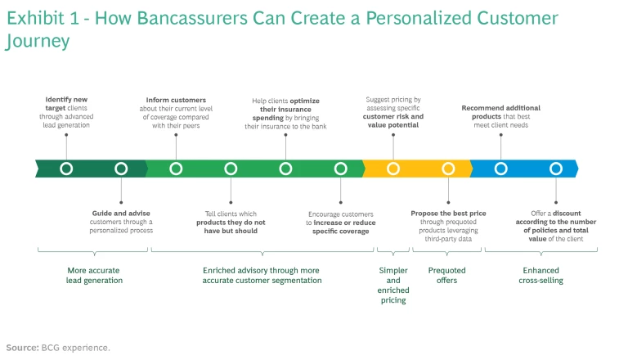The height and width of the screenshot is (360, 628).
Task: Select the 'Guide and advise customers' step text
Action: tap(121, 222)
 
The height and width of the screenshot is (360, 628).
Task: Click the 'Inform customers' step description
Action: tap(176, 112)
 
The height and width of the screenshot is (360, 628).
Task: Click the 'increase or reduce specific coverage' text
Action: tap(340, 227)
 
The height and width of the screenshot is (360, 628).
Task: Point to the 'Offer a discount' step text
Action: tap(556, 222)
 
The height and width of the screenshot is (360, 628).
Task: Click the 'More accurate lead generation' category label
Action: tap(94, 275)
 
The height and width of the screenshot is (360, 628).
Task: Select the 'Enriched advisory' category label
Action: tap(262, 275)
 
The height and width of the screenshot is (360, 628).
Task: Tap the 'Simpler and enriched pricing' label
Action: tap(393, 285)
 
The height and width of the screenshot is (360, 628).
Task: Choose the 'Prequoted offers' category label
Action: tap(446, 275)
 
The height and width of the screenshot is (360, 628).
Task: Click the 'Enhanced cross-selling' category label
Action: tap(541, 275)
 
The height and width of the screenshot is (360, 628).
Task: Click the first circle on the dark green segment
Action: tap(66, 169)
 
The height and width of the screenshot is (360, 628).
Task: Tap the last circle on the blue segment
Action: tap(556, 169)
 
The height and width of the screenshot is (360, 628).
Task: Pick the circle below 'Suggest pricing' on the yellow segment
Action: tap(393, 169)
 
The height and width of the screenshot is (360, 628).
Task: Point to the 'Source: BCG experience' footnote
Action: tap(58, 348)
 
